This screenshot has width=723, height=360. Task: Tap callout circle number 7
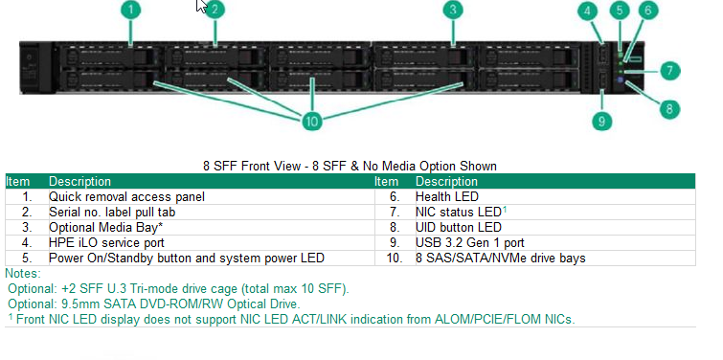click(669, 70)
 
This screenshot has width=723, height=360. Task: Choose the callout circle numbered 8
click(669, 107)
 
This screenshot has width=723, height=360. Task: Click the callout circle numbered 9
click(600, 121)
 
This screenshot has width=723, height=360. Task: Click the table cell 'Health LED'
click(447, 196)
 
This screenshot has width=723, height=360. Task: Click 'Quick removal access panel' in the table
click(126, 196)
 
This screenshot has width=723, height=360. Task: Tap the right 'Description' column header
click(446, 181)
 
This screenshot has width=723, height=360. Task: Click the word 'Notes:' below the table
click(24, 273)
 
